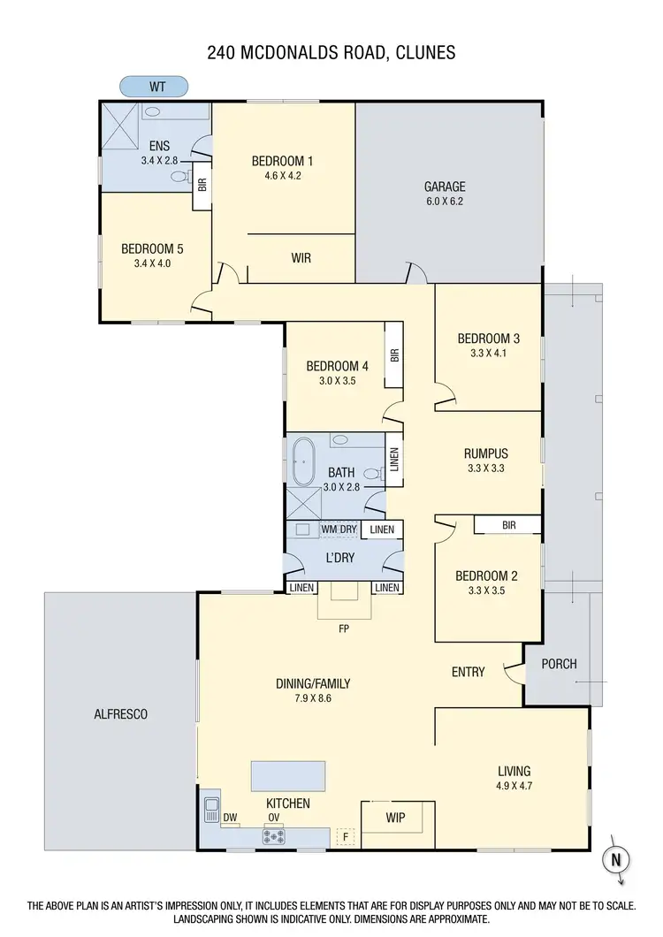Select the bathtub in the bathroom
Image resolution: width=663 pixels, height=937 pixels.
coord(303,461)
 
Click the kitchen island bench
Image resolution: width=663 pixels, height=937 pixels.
coord(287,775)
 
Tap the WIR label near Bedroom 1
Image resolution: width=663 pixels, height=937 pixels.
coord(301,258)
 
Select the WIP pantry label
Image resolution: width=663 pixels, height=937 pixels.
coord(395,818)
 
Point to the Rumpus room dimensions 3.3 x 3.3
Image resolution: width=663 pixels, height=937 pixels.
coord(485,469)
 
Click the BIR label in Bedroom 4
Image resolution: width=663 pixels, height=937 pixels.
coord(394,355)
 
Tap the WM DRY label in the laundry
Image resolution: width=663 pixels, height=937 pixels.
coord(339,529)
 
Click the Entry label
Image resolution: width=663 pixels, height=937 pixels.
coord(468,672)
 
